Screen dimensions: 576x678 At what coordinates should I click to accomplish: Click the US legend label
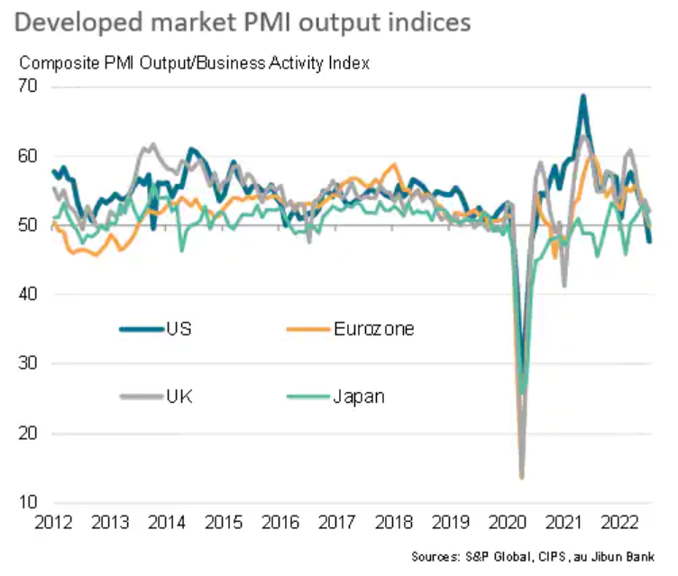179,329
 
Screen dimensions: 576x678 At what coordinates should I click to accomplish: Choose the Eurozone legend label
373,329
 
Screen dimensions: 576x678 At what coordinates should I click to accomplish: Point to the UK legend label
179,397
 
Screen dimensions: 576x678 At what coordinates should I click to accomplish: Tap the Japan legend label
359,397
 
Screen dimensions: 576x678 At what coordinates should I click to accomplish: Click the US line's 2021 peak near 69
583,96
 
